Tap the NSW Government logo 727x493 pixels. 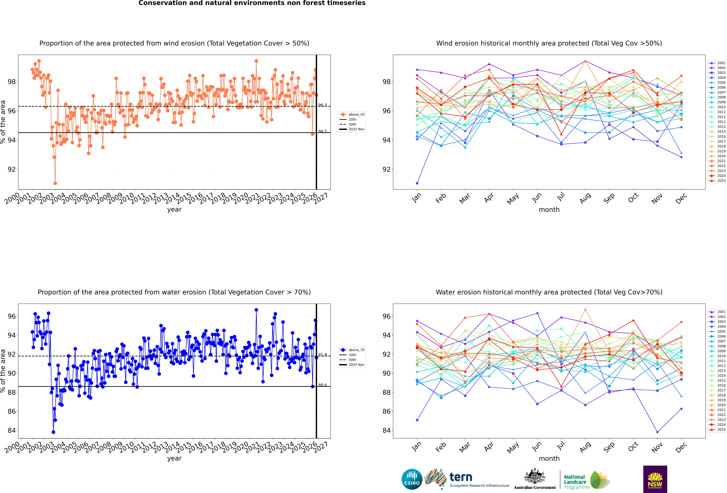point(655,479)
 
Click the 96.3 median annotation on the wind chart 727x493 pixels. point(323,105)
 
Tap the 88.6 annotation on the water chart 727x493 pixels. point(323,385)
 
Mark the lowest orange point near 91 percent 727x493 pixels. point(55,183)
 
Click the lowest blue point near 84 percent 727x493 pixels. point(53,432)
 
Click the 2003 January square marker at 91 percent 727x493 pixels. point(417,183)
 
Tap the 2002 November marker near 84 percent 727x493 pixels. point(657,432)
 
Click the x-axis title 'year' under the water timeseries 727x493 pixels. point(174,458)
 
